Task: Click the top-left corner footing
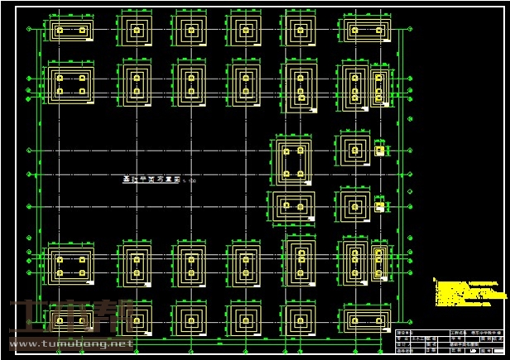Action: click(x=70, y=31)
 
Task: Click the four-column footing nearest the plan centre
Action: click(x=292, y=161)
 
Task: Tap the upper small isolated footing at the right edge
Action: click(x=380, y=151)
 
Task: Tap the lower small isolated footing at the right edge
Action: click(x=380, y=207)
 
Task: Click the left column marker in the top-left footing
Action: click(x=59, y=31)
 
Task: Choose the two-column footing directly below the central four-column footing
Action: click(x=292, y=206)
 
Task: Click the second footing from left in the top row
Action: click(x=135, y=31)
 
